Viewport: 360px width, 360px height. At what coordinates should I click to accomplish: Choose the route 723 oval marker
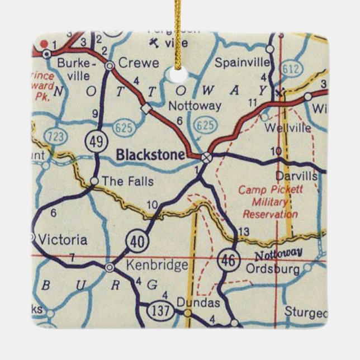[x=41, y=135]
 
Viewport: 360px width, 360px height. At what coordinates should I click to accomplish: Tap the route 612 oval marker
[x=291, y=69]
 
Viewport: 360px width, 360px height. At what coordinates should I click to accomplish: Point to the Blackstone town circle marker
[x=207, y=158]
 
